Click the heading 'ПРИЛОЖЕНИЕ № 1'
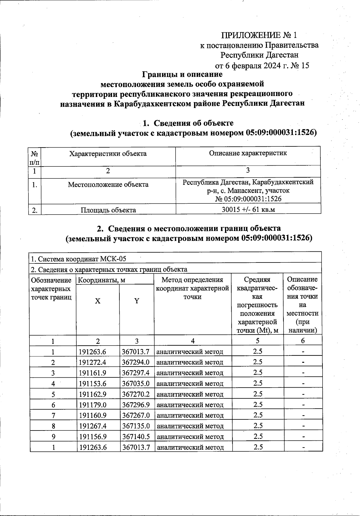tap(259, 35)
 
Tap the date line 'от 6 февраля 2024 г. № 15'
tap(262, 65)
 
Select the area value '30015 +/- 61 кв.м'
tap(248, 209)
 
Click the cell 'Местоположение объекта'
tap(108, 184)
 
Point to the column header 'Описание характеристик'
tap(248, 153)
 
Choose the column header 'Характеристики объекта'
tap(108, 154)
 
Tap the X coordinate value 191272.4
tap(92, 362)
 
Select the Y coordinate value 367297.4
tap(136, 373)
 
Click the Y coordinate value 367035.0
tap(136, 383)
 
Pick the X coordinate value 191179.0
tap(92, 405)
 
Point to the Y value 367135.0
tap(136, 426)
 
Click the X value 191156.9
tap(92, 436)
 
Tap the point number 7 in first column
tap(53, 415)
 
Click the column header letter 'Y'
tap(137, 301)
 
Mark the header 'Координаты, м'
tap(101, 280)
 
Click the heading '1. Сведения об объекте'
tap(188, 123)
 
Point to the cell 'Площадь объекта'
tap(108, 210)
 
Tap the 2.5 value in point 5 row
tap(258, 394)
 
